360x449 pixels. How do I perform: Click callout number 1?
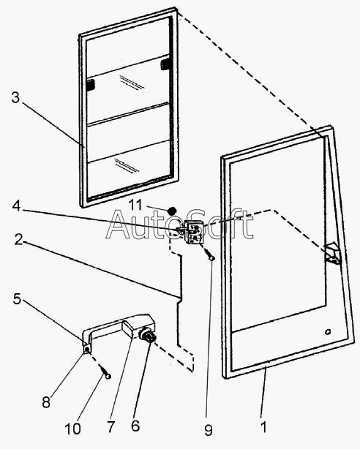pyautogui.click(x=264, y=427)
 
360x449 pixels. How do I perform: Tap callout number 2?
pyautogui.click(x=18, y=239)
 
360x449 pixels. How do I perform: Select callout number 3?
pyautogui.click(x=15, y=97)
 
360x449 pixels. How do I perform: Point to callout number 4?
pyautogui.click(x=17, y=206)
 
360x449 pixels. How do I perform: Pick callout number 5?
pyautogui.click(x=18, y=298)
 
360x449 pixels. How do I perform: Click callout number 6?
pyautogui.click(x=135, y=426)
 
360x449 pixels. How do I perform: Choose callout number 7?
pyautogui.click(x=110, y=427)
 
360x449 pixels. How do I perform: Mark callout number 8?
pyautogui.click(x=46, y=402)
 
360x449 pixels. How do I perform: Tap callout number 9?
pyautogui.click(x=209, y=430)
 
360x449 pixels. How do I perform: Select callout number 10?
pyautogui.click(x=72, y=429)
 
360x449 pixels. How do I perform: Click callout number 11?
pyautogui.click(x=135, y=205)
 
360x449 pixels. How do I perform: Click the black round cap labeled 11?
pyautogui.click(x=171, y=211)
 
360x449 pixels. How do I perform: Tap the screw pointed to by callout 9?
pyautogui.click(x=210, y=254)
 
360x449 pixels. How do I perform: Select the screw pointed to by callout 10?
pyautogui.click(x=105, y=372)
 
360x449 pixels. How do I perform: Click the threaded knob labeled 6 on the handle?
pyautogui.click(x=148, y=336)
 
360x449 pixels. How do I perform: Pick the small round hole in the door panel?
pyautogui.click(x=327, y=331)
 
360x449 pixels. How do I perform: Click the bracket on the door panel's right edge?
pyautogui.click(x=332, y=254)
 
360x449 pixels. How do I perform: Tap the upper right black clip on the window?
pyautogui.click(x=165, y=64)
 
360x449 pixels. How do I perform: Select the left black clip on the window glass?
pyautogui.click(x=91, y=85)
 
